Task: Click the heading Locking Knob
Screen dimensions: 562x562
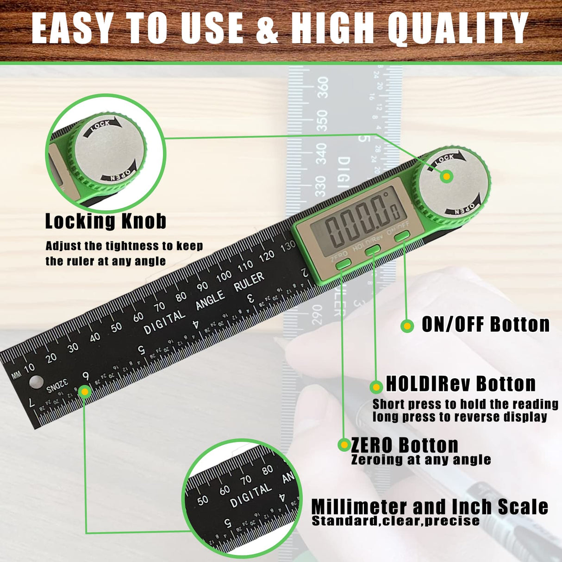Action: tap(106, 221)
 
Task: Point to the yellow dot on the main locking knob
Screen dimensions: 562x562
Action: tap(446, 176)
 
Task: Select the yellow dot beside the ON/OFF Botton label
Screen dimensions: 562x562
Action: tap(407, 326)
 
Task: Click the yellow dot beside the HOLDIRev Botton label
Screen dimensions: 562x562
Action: tap(376, 387)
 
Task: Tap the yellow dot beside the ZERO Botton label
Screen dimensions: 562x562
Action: tap(344, 445)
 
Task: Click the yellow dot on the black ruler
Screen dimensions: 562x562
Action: tap(84, 392)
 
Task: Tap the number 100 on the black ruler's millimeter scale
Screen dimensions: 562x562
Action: tap(224, 276)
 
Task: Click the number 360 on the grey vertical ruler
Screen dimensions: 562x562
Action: tap(322, 87)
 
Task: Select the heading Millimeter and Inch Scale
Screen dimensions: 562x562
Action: tap(429, 507)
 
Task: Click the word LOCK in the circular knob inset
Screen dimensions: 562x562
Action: tap(100, 125)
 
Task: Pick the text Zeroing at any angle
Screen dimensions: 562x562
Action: tap(421, 460)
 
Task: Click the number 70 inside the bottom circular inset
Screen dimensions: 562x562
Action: tap(246, 480)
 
